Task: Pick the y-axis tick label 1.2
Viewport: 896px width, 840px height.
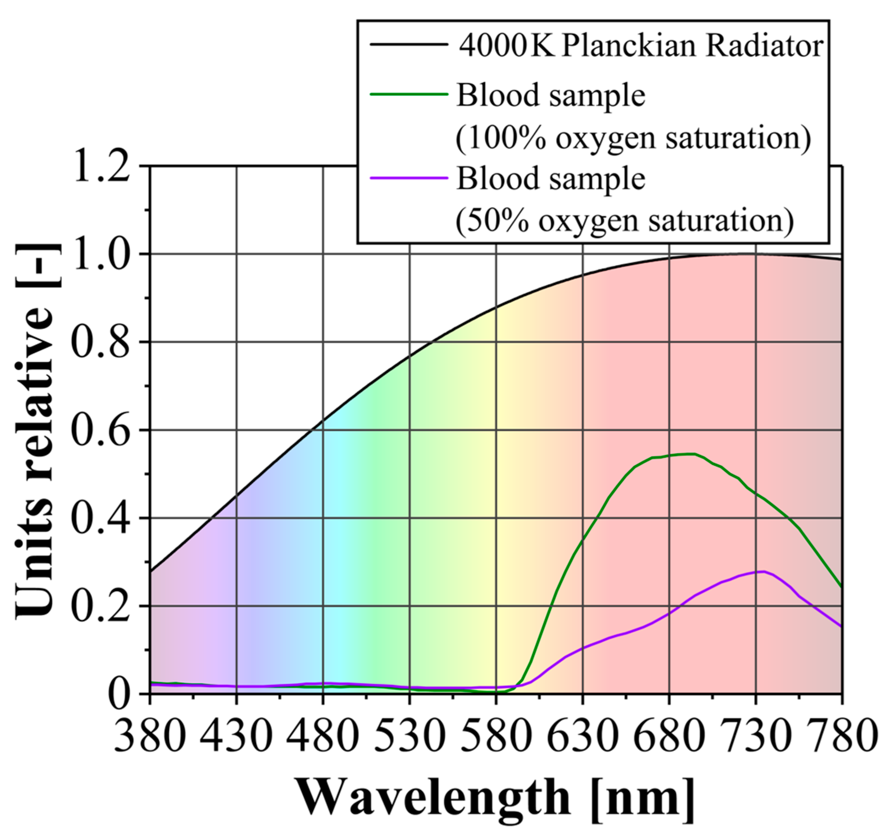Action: tap(103, 167)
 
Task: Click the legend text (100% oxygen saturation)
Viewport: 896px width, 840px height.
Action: tap(633, 138)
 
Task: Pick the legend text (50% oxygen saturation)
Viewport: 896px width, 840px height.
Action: tap(624, 221)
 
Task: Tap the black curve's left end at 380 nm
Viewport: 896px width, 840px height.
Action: tap(151, 571)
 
